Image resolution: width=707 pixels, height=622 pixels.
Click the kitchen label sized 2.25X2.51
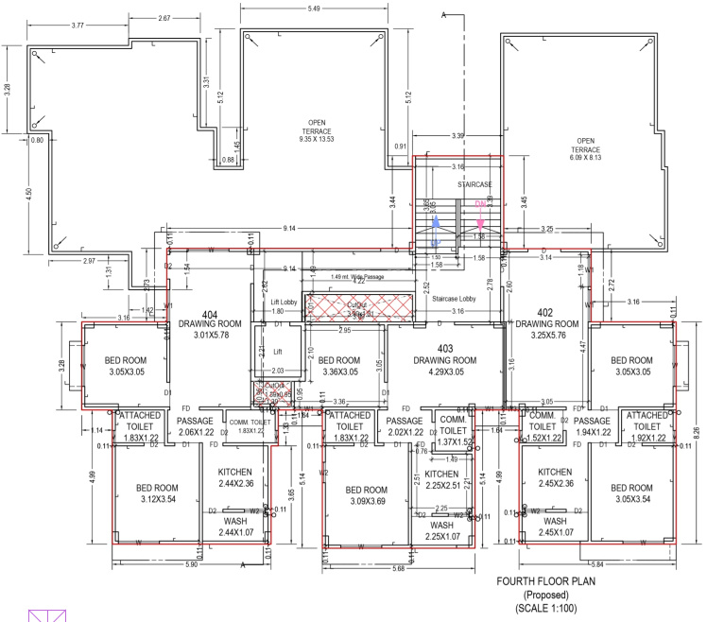click(x=440, y=480)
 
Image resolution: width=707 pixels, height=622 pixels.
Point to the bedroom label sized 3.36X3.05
click(x=338, y=366)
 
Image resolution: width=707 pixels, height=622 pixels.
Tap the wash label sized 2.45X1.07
click(x=555, y=527)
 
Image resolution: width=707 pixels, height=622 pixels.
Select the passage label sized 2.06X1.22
click(x=198, y=426)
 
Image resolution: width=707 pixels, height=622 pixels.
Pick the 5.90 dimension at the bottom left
click(x=190, y=565)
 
